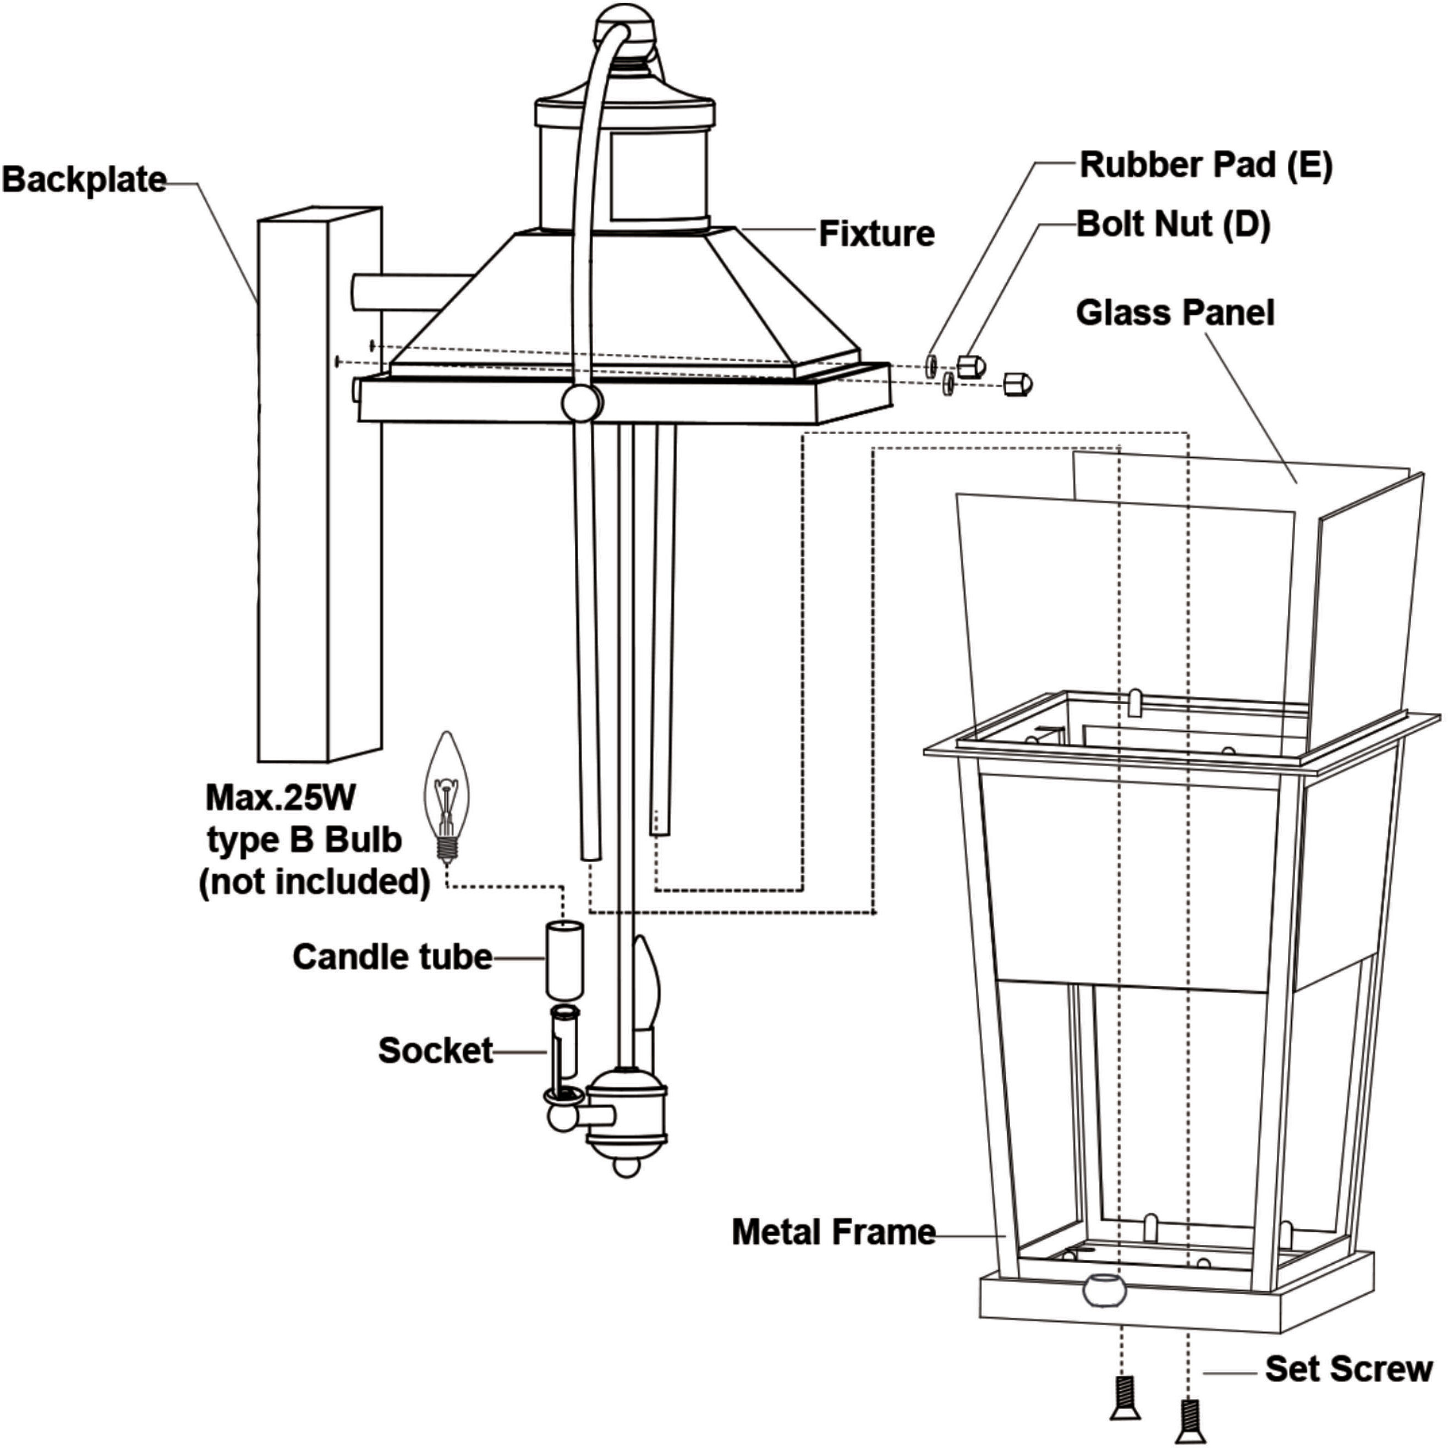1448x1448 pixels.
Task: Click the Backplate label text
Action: [84, 180]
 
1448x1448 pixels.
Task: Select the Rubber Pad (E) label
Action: [1206, 165]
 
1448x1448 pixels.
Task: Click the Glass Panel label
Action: [1175, 312]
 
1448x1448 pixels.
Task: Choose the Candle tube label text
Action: [392, 957]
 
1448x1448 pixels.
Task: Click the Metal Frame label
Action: [833, 1232]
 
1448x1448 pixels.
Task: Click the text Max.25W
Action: [281, 798]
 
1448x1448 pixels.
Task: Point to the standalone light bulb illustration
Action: [447, 795]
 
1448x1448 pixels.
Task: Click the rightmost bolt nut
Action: [1018, 384]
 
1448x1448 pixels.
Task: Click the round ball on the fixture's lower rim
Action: [582, 403]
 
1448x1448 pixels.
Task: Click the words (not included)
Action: [314, 881]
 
